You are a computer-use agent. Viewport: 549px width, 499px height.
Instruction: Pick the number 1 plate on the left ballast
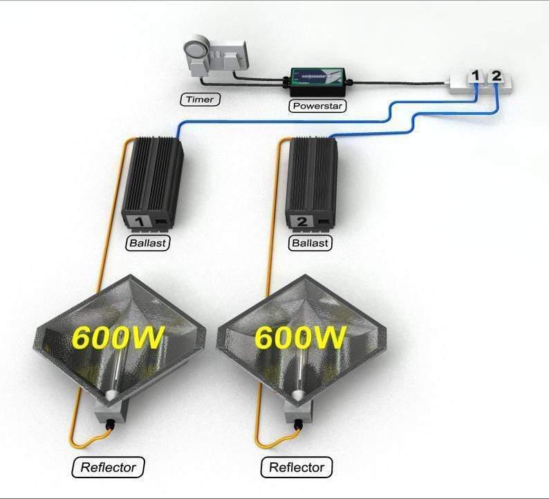(x=136, y=223)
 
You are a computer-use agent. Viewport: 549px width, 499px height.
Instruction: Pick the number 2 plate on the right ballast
(x=301, y=223)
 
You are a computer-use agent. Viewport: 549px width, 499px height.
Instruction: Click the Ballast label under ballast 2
(x=310, y=244)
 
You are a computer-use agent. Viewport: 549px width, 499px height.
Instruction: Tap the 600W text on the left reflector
(x=118, y=338)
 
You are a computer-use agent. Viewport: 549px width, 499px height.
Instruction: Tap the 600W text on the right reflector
(x=300, y=338)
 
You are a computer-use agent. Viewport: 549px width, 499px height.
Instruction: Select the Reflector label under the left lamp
(x=109, y=466)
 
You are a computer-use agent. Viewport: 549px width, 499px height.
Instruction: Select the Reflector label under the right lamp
(x=296, y=466)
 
